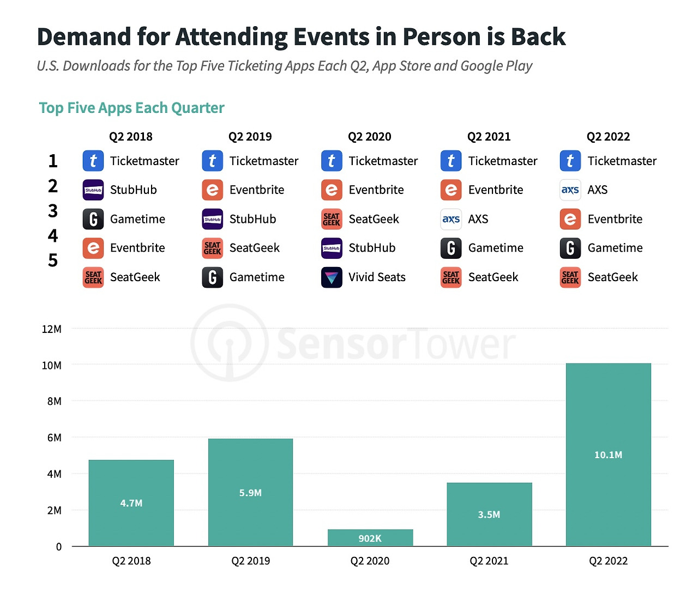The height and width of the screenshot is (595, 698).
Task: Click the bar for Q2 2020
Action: click(x=370, y=537)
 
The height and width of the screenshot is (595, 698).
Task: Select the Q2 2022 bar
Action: click(x=608, y=454)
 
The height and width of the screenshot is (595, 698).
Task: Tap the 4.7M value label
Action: click(x=131, y=503)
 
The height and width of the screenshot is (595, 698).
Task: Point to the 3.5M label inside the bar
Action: click(x=489, y=514)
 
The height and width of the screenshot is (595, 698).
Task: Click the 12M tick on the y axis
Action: click(x=52, y=329)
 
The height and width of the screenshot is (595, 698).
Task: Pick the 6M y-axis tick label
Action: click(x=54, y=438)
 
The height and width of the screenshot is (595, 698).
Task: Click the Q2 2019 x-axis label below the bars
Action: click(x=250, y=561)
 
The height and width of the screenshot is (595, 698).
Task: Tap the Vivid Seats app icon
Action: click(x=332, y=277)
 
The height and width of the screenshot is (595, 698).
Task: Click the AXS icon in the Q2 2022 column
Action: click(x=570, y=190)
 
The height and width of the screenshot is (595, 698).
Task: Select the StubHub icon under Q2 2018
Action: click(x=93, y=190)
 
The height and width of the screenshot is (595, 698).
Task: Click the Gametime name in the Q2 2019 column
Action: click(x=257, y=277)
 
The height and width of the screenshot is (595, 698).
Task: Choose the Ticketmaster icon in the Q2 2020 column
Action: click(x=332, y=161)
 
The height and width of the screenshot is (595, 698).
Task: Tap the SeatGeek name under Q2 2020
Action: click(x=374, y=219)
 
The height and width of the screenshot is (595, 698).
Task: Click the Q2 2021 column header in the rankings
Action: click(x=489, y=137)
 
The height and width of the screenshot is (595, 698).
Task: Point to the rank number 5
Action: click(x=53, y=260)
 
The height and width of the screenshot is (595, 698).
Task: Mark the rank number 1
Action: click(x=53, y=161)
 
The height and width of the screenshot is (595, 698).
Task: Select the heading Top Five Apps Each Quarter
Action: click(x=131, y=108)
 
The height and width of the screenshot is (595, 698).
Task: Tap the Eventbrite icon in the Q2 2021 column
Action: click(x=451, y=190)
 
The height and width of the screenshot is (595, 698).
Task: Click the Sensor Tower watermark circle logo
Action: click(x=229, y=343)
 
